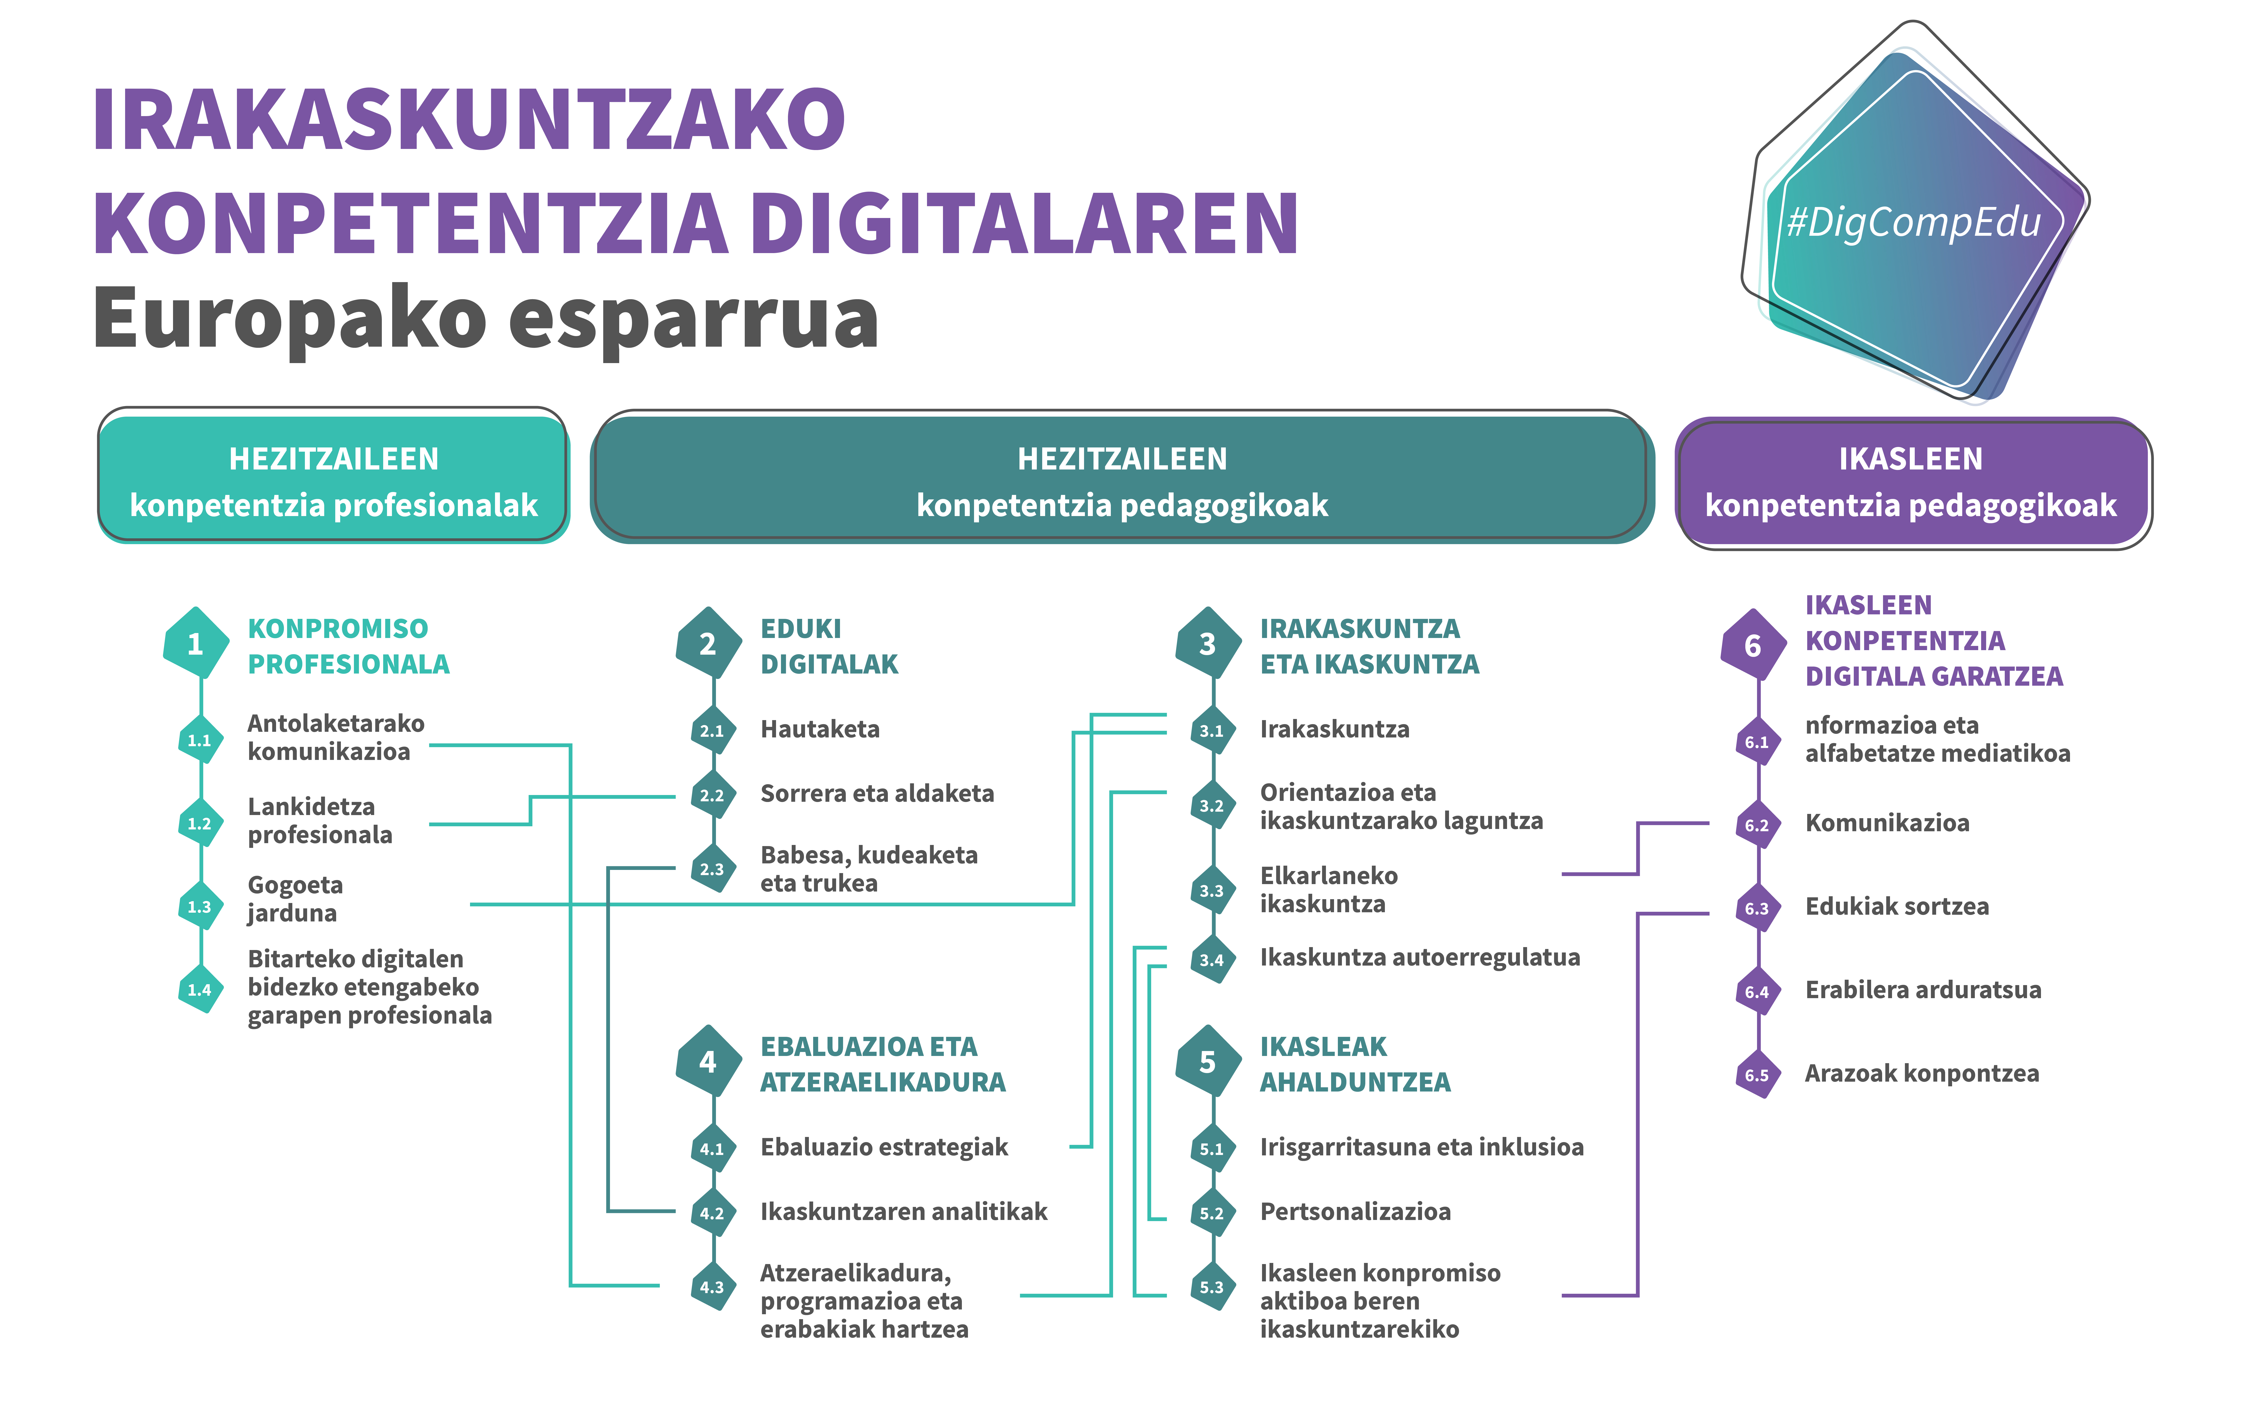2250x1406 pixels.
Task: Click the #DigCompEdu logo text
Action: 1913,222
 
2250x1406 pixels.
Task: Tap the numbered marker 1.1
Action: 200,740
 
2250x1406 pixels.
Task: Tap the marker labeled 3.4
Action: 1212,960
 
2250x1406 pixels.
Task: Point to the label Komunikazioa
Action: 1887,823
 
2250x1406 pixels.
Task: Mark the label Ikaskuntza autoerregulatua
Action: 1420,958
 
